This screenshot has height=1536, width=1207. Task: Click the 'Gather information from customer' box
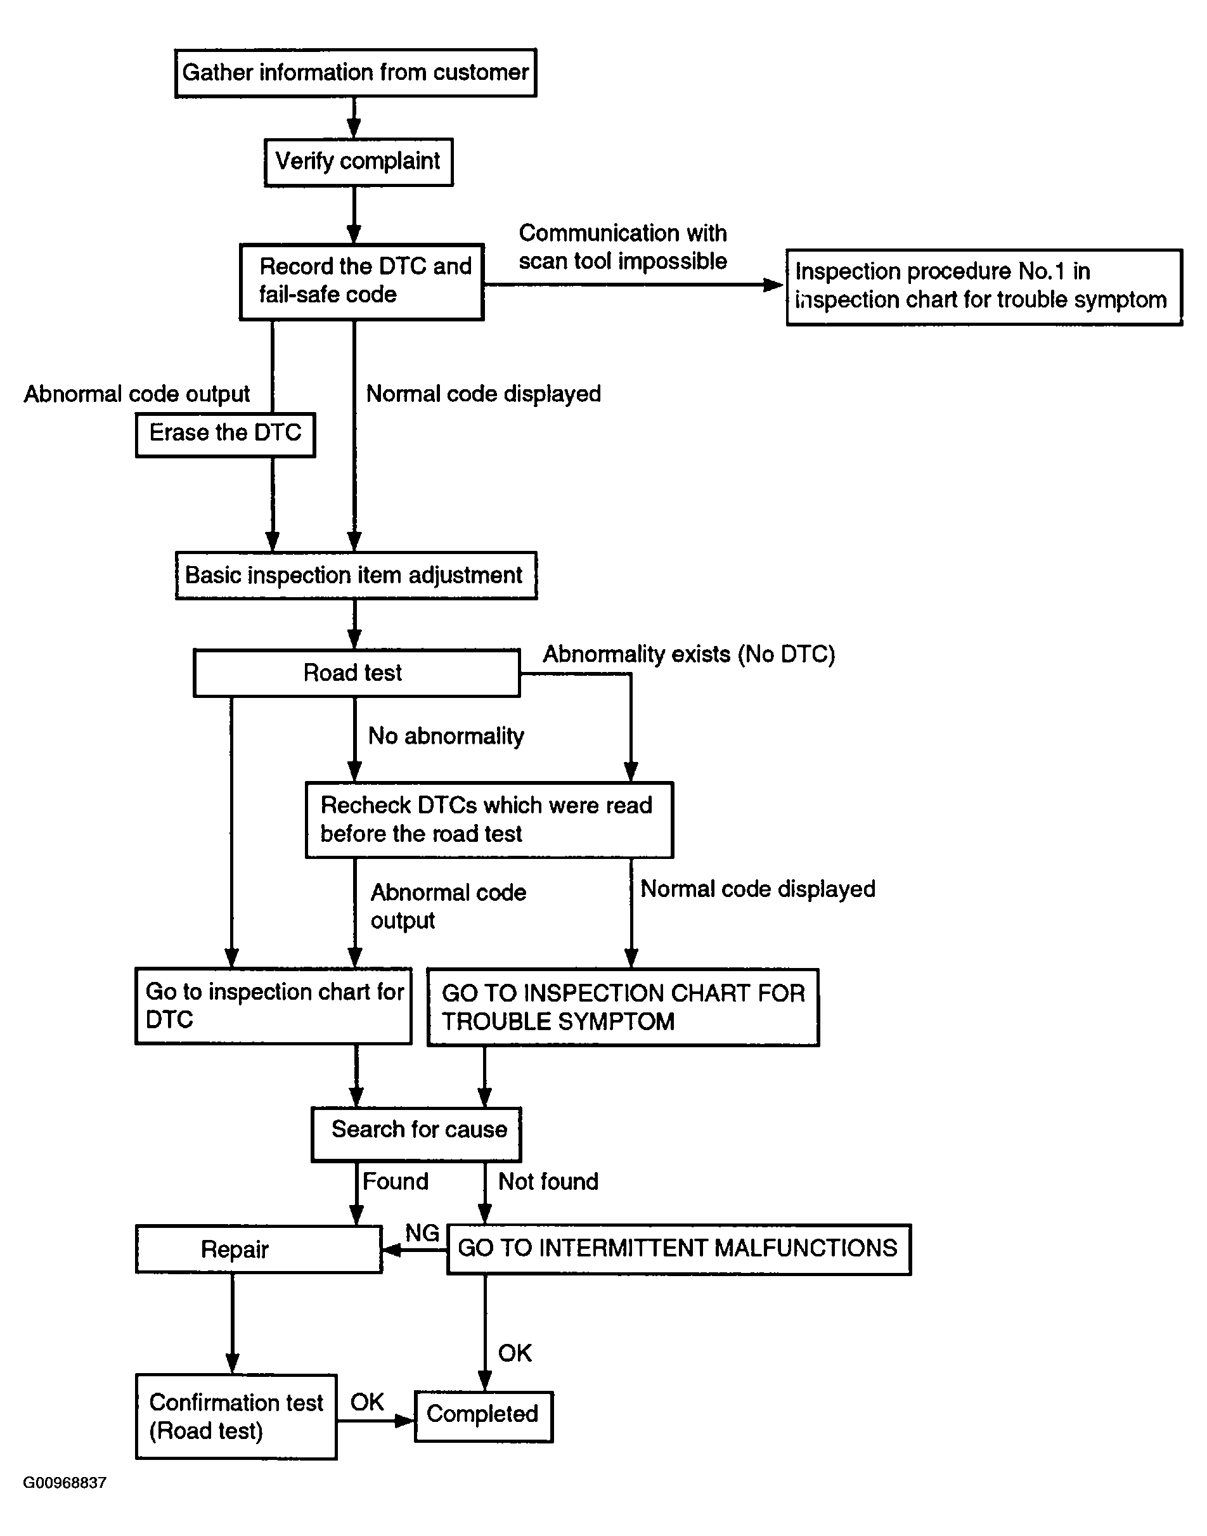click(356, 73)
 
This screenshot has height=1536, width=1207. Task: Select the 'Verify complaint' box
click(358, 162)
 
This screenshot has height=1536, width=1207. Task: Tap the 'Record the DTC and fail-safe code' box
click(362, 282)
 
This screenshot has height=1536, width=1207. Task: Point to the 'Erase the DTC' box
click(226, 434)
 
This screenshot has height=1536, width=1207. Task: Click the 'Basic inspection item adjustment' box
click(356, 575)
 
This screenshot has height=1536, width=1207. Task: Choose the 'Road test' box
click(357, 673)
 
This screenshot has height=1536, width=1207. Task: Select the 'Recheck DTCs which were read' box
click(489, 820)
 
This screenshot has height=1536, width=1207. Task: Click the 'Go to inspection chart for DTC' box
click(273, 1005)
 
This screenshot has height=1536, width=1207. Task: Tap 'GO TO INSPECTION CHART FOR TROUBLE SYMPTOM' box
click(623, 1007)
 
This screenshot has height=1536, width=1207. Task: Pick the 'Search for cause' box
click(416, 1134)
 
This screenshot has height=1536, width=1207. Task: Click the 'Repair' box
click(259, 1249)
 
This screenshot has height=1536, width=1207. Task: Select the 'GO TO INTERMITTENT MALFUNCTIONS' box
click(679, 1249)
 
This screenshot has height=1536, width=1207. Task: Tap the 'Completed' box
click(483, 1416)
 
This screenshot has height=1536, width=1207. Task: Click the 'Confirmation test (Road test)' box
click(236, 1416)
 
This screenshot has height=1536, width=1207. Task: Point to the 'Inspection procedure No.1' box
click(984, 287)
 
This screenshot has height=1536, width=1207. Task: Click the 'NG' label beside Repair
click(422, 1232)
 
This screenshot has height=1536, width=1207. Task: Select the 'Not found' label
click(548, 1182)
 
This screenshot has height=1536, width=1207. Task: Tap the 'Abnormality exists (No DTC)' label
click(689, 654)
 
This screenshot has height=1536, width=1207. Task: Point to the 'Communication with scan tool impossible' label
click(623, 247)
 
